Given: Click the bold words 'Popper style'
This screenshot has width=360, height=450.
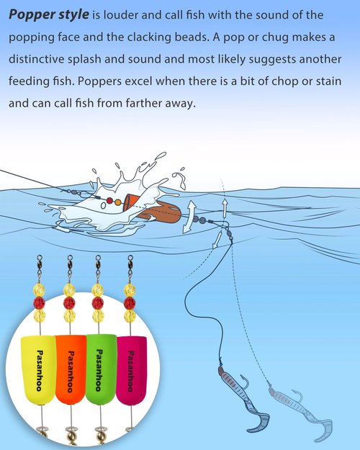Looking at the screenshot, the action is pyautogui.click(x=49, y=14).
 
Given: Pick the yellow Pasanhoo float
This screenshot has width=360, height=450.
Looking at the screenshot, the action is pyautogui.click(x=38, y=369).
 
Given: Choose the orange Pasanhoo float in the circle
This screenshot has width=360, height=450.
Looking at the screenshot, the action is pyautogui.click(x=71, y=369).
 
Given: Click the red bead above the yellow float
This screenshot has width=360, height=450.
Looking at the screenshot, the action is pyautogui.click(x=39, y=303).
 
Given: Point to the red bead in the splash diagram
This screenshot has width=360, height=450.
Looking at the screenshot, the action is pyautogui.click(x=109, y=200).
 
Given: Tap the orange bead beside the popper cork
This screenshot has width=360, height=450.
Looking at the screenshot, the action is pyautogui.click(x=117, y=202).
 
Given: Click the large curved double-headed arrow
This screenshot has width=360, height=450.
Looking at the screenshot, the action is pyautogui.click(x=189, y=217).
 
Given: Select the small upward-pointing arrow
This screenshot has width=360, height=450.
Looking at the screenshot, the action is pyautogui.click(x=225, y=207).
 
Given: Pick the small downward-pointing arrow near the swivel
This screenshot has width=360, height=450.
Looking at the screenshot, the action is pyautogui.click(x=217, y=240).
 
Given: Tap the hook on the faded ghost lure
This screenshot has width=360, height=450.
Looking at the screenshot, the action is pyautogui.click(x=297, y=396).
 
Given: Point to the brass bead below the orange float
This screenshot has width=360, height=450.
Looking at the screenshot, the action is pyautogui.click(x=70, y=437).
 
